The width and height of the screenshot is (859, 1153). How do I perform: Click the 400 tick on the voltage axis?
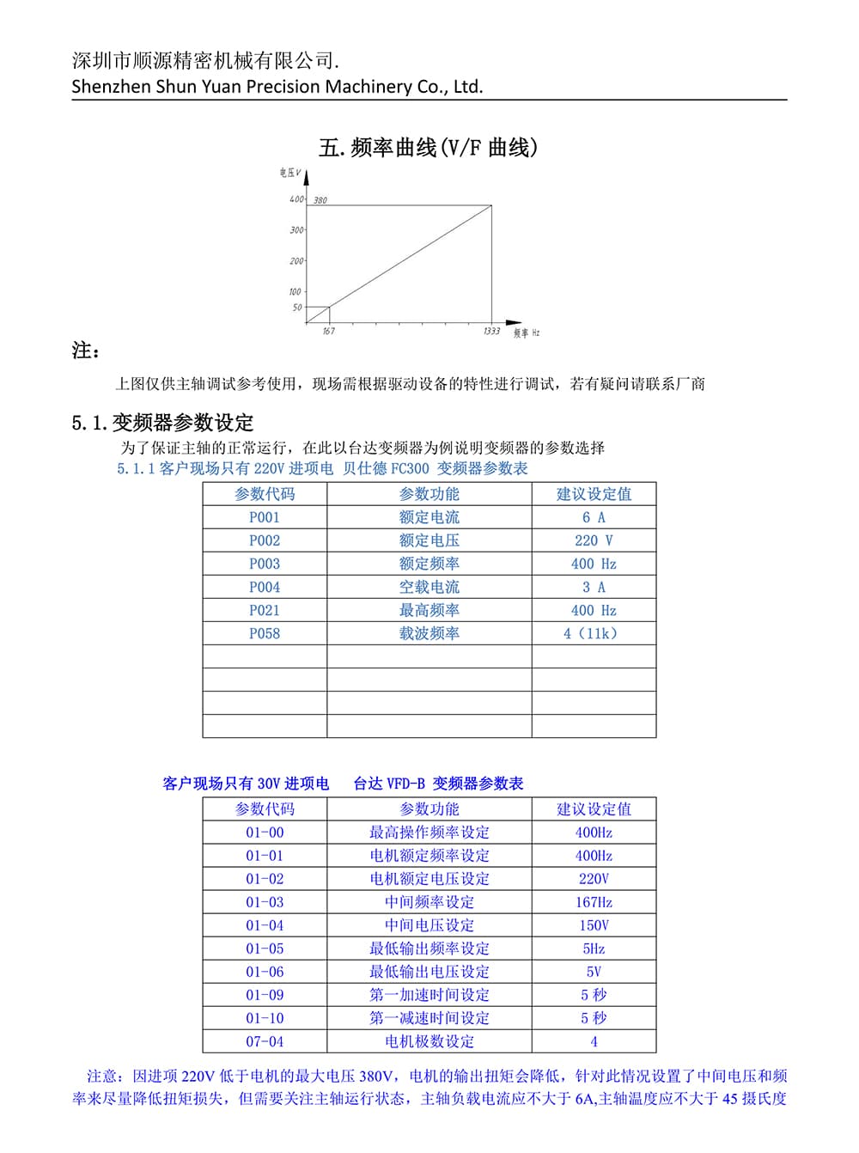pos(296,199)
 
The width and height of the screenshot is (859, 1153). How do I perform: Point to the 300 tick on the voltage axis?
pos(296,230)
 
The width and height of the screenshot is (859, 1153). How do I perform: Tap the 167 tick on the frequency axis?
pos(329,332)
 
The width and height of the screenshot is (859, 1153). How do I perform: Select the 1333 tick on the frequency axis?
pos(491,332)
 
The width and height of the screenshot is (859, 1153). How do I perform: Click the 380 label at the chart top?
pos(320,200)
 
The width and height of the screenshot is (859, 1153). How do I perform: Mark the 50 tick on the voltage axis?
pos(297,308)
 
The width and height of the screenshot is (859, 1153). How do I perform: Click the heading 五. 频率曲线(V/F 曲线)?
pos(429,148)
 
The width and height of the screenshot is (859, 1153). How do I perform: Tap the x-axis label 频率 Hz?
pos(527,332)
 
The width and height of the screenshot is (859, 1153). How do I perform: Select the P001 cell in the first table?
pos(265,517)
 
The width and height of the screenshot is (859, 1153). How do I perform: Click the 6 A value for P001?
pos(594,517)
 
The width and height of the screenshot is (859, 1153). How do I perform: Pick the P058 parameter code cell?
pos(265,633)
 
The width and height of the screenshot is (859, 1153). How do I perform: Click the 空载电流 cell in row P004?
pos(429,587)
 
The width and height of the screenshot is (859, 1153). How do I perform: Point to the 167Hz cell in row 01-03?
pos(594,902)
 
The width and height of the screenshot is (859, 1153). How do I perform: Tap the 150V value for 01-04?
pos(594,925)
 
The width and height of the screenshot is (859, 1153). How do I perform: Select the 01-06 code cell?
pos(265,972)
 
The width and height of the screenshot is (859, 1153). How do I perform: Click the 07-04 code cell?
pos(265,1041)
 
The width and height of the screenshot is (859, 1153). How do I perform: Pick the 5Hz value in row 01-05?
pos(594,949)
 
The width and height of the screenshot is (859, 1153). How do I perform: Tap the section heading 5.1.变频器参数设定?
pos(163,423)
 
